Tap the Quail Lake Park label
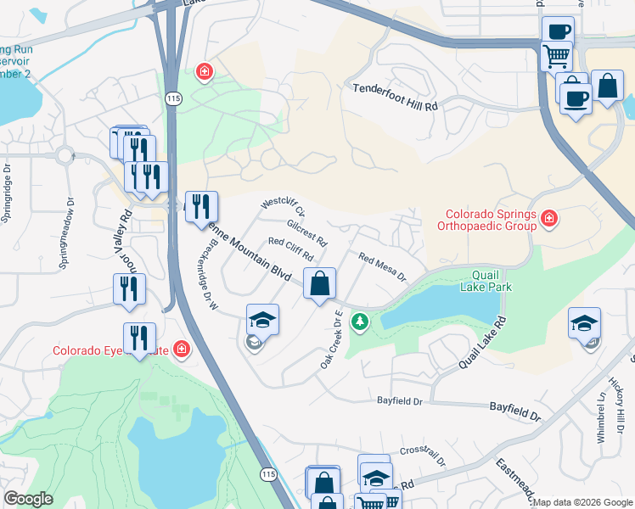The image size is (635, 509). [x=486, y=280]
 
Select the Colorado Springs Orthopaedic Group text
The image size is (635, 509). [x=486, y=221]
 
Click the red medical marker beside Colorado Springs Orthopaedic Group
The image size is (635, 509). [x=550, y=220]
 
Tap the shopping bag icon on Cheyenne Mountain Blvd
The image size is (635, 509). [x=319, y=283]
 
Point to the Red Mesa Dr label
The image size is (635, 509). [x=382, y=267]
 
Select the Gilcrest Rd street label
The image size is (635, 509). [x=306, y=233]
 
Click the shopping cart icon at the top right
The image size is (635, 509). [x=556, y=56]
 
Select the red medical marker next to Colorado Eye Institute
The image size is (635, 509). [x=180, y=349]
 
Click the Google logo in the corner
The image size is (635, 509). [x=28, y=499]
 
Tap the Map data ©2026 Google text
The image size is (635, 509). [x=582, y=502]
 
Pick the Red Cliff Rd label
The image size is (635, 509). [x=291, y=249]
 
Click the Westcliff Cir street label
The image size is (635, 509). [x=283, y=208]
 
